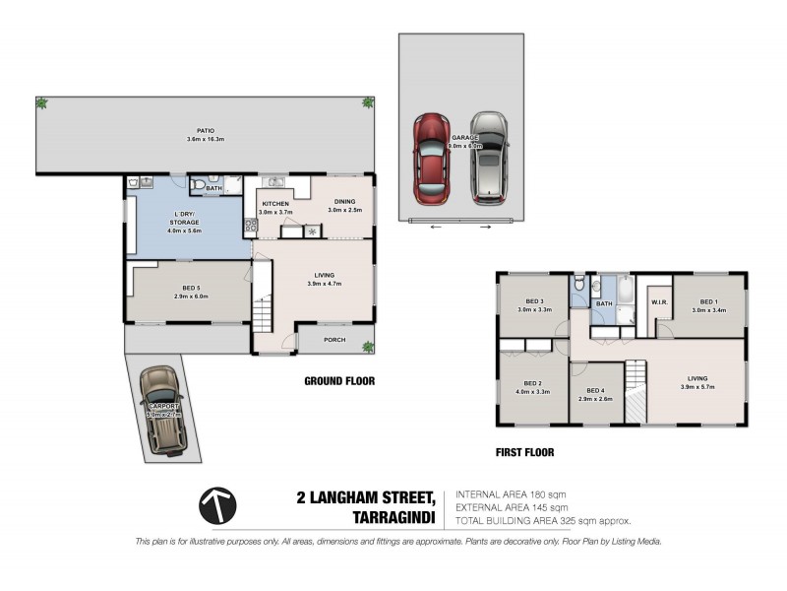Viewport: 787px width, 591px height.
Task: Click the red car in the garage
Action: (431, 158)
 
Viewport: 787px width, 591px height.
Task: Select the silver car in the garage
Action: (489, 158)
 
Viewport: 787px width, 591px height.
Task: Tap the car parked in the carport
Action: (161, 412)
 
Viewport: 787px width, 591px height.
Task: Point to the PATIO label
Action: (206, 129)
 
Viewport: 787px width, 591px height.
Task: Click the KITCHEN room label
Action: (275, 204)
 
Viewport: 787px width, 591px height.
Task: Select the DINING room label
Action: (345, 204)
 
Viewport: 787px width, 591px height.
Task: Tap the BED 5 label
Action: (186, 290)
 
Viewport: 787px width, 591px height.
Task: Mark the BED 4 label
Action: (597, 392)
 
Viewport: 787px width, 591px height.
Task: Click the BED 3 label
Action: (534, 302)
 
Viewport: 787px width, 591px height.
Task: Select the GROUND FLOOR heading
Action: (339, 381)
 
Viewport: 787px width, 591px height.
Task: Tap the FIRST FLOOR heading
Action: (525, 453)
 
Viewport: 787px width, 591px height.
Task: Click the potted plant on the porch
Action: (368, 345)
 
